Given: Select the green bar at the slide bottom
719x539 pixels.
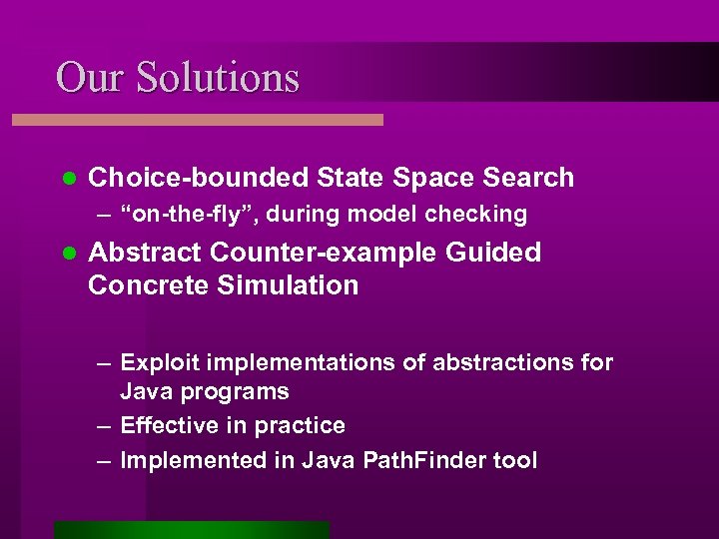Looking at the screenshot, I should point(192,530).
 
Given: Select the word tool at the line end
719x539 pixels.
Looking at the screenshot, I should point(517,460).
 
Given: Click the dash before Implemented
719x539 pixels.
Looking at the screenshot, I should point(104,460).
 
